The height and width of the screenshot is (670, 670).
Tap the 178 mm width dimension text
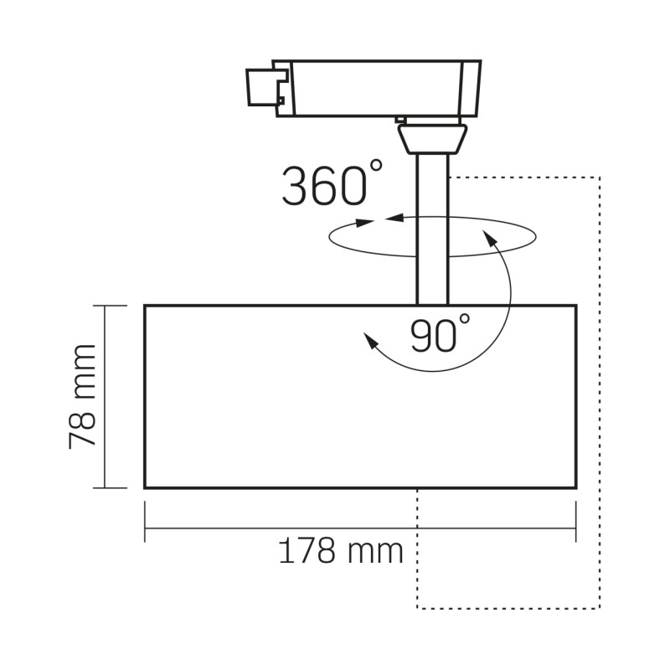coord(340,551)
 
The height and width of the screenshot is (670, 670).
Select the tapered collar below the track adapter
coord(432,137)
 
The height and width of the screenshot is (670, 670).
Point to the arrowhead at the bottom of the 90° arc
coord(369,339)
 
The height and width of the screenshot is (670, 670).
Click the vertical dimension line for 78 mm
coord(104,396)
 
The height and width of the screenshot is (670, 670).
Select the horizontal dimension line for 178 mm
coord(251,527)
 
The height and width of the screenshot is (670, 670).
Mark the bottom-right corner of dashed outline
coord(600,608)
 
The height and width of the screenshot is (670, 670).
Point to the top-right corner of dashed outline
coord(600,178)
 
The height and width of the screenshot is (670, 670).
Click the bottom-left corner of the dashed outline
coord(417,608)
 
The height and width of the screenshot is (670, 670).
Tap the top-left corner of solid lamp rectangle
coord(145,306)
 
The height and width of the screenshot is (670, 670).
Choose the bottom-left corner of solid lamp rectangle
coord(145,487)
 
